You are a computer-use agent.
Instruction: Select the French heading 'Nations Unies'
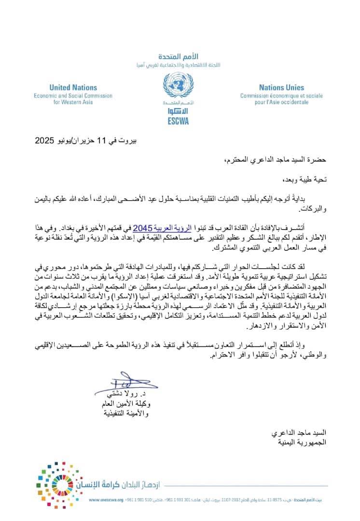(x=281, y=88)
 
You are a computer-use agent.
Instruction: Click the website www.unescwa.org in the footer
(x=106, y=500)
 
